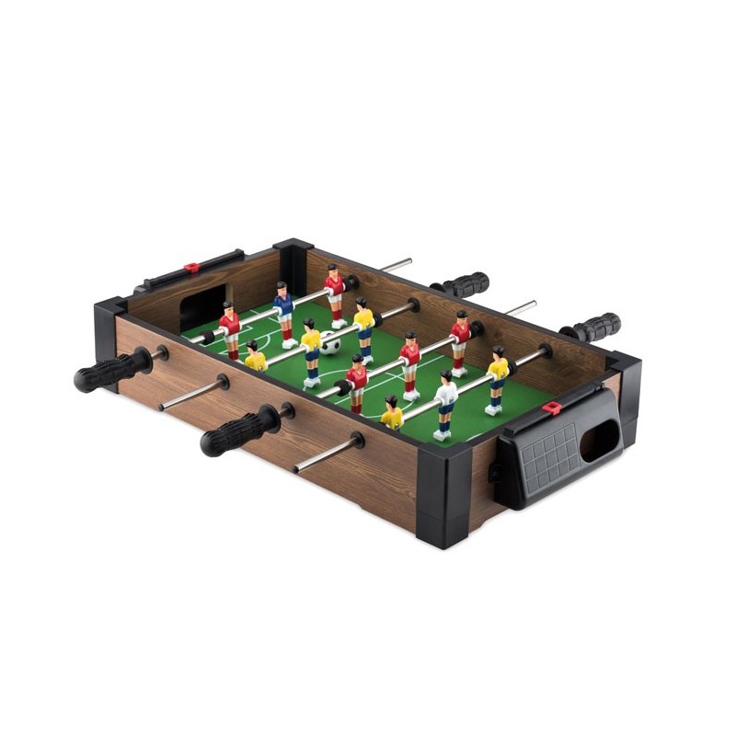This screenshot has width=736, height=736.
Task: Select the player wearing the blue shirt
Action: [283, 305]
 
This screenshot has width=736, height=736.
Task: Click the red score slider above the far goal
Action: [191, 268]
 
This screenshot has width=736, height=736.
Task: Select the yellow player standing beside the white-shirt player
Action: [498, 377]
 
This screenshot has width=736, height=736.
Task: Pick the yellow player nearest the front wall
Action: [392, 414]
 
